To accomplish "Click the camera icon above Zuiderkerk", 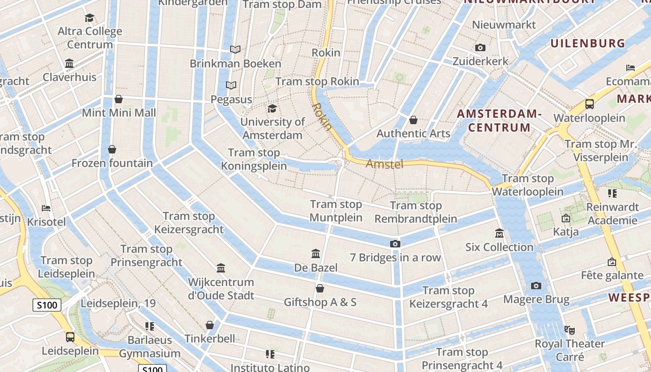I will click(480, 47).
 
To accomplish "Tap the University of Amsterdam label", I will click(272, 129).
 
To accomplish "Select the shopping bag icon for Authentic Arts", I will click(413, 120).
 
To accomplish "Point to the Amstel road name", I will click(385, 164).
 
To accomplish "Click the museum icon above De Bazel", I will click(316, 253).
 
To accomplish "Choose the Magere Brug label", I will click(536, 299).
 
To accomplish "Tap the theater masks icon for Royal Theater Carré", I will click(569, 330).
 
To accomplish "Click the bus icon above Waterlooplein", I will click(590, 104).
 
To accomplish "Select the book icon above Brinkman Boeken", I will click(235, 49).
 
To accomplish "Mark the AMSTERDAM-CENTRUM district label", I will click(499, 120).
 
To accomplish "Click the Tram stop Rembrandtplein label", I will click(416, 212).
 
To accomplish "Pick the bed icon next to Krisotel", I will click(46, 208).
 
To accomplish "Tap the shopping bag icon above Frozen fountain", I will click(112, 149).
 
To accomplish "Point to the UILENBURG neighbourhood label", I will click(588, 43).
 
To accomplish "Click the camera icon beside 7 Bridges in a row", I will click(395, 244).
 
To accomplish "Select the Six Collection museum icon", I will click(499, 233).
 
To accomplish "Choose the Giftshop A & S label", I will click(320, 302).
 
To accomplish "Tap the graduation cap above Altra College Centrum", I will click(89, 18).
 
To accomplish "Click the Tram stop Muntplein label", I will click(336, 211).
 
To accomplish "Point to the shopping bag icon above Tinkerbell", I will click(210, 325).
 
